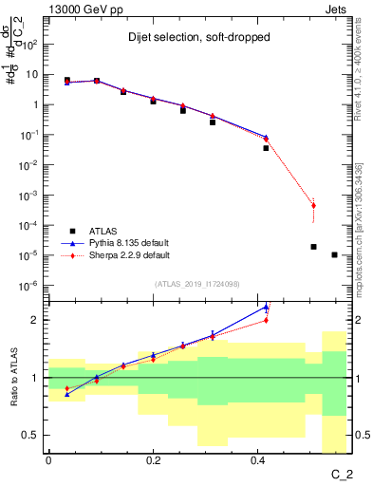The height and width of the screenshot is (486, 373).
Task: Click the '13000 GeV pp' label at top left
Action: click(81, 8)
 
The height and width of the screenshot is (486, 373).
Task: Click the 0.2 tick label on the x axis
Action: click(153, 460)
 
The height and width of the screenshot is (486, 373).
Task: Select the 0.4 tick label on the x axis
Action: click(257, 460)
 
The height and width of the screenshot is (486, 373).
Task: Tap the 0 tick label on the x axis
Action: click(48, 460)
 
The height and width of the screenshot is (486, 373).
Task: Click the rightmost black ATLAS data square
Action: click(334, 254)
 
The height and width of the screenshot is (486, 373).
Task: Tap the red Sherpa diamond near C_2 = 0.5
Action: click(313, 205)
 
